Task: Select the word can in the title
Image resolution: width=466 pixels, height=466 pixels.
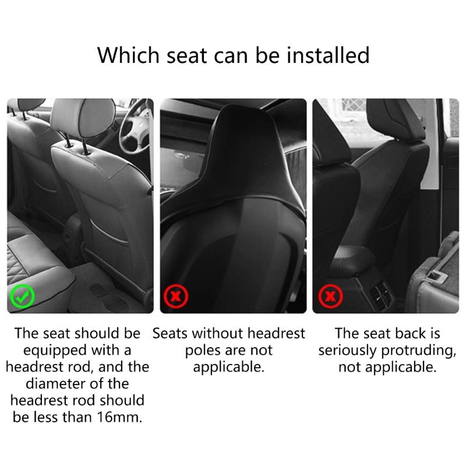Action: point(228,55)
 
